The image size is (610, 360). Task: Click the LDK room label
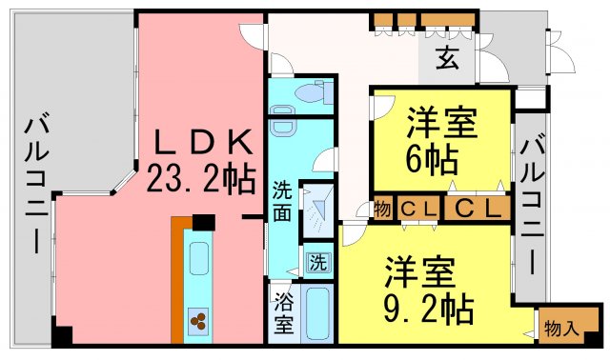(x=203, y=143)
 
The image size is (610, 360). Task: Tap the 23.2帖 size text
(x=201, y=178)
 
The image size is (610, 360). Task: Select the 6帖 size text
(x=432, y=160)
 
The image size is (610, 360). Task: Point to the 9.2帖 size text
(x=429, y=310)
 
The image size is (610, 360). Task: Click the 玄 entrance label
(x=447, y=59)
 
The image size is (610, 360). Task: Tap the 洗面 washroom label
(x=282, y=201)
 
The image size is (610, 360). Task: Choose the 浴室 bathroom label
(x=284, y=312)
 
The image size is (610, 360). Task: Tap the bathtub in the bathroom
(x=318, y=313)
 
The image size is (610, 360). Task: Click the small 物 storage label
(x=382, y=210)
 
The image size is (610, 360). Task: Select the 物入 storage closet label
(x=559, y=329)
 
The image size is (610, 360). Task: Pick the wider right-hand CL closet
(x=478, y=209)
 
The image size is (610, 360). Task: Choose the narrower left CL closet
(x=418, y=209)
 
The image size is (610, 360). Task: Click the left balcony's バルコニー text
(x=36, y=183)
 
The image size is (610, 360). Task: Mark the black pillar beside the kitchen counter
(x=204, y=222)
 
